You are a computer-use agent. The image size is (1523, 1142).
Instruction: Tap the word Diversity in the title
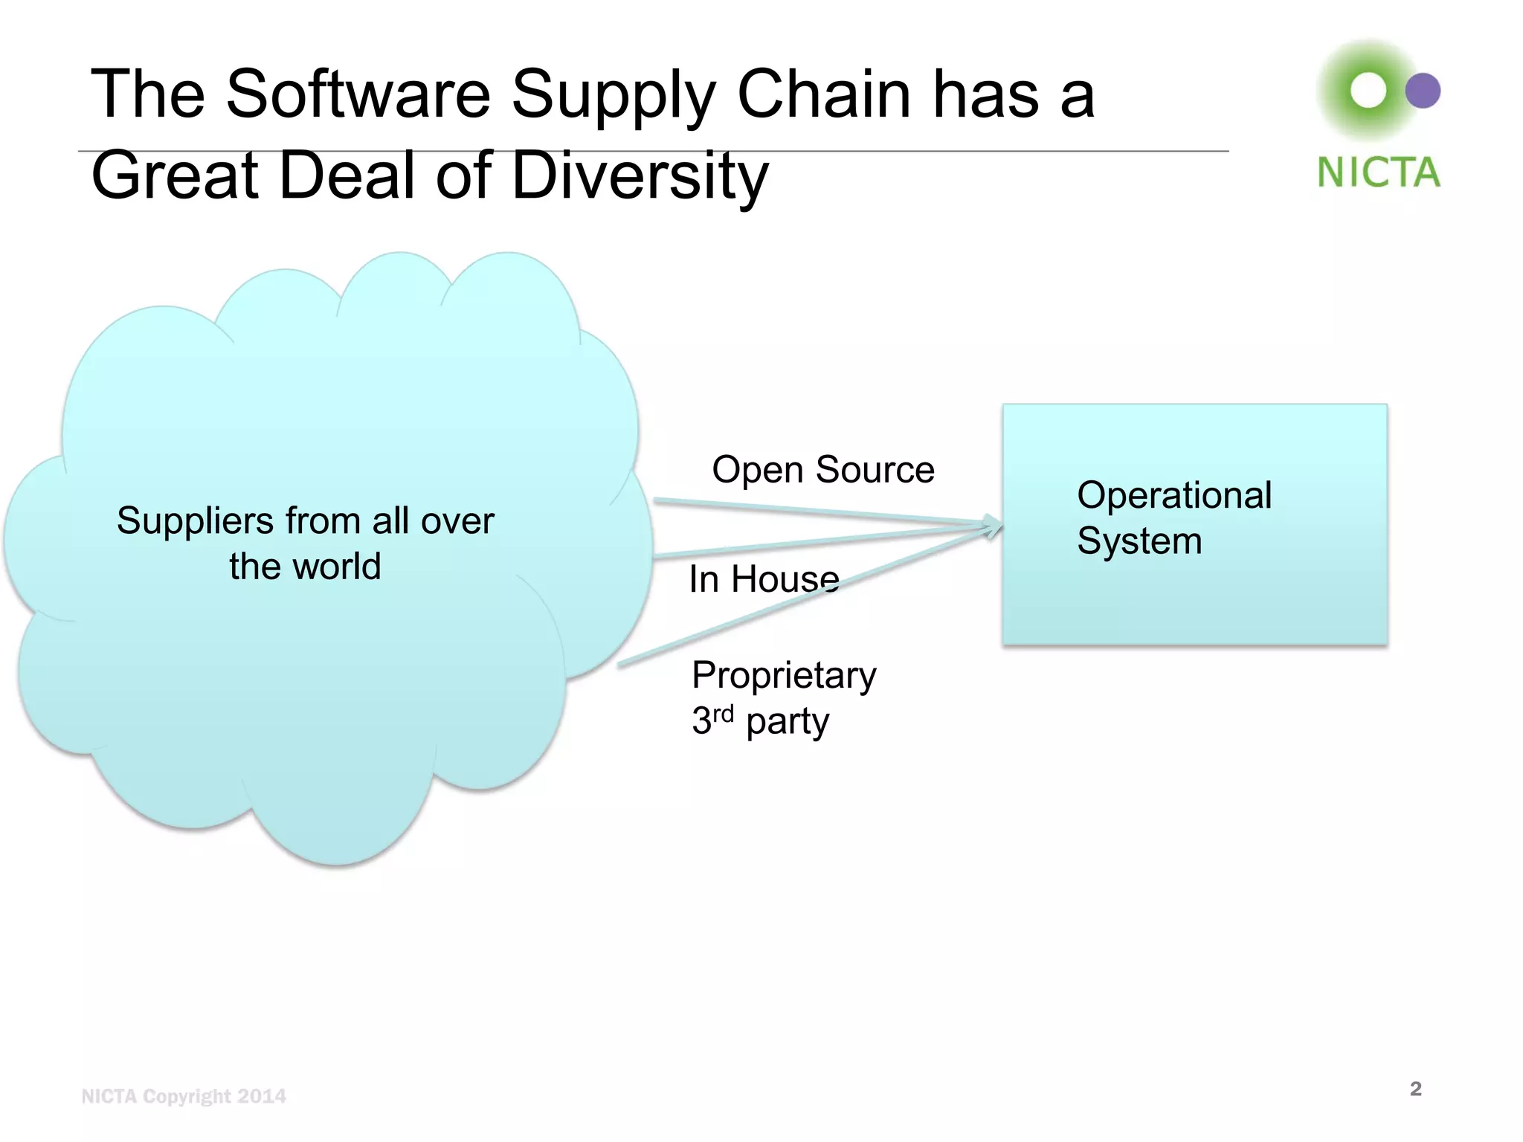coord(640,175)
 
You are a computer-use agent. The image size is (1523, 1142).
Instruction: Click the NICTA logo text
coord(1378,172)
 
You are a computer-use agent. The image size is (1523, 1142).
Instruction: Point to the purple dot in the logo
coord(1423,91)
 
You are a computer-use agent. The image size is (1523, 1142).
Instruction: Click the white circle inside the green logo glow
coord(1368,91)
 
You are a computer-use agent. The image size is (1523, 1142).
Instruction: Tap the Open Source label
coord(823,470)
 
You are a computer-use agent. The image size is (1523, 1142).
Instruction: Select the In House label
coord(764,579)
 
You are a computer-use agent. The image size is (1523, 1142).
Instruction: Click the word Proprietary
coord(784,676)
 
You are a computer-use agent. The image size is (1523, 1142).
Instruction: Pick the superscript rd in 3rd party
coord(724,714)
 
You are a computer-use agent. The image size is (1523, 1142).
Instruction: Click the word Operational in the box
coord(1174,495)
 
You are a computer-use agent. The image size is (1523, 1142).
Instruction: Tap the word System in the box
coord(1139,541)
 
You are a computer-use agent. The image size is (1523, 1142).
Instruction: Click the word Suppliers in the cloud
coord(195,520)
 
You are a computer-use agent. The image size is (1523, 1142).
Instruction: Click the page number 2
coord(1415,1089)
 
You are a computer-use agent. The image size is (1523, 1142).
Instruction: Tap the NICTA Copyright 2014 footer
coord(184,1097)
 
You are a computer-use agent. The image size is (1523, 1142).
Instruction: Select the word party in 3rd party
coord(788,722)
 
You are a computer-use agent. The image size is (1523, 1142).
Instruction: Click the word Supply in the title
coord(614,95)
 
